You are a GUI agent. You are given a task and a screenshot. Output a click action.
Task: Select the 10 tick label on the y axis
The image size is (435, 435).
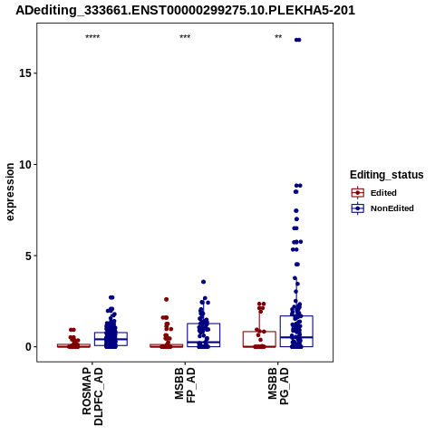click(x=25, y=165)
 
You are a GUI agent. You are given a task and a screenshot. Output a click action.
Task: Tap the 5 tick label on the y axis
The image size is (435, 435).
click(x=29, y=256)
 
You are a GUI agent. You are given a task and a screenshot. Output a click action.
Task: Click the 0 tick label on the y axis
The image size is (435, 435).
click(x=29, y=347)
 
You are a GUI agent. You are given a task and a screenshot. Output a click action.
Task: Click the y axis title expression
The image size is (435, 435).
click(x=10, y=192)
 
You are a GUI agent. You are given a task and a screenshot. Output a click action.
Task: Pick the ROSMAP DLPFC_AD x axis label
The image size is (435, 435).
click(x=92, y=396)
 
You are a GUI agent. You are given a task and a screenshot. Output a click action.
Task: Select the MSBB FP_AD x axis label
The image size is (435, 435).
click(x=186, y=385)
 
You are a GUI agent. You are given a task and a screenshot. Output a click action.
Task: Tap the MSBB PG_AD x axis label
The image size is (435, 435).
click(x=278, y=386)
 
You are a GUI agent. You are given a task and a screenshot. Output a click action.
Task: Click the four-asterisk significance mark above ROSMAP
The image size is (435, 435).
click(x=92, y=37)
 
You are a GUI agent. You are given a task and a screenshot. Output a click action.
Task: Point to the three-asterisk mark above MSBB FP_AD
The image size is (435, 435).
click(x=185, y=37)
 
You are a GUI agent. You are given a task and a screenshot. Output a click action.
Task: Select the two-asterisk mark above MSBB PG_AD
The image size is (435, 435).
click(x=278, y=37)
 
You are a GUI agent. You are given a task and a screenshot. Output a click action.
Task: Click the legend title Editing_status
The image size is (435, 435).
click(x=386, y=175)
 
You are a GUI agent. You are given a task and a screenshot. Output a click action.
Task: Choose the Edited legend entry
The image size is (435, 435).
click(x=374, y=193)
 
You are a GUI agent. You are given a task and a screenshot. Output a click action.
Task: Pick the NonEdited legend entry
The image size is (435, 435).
click(x=382, y=208)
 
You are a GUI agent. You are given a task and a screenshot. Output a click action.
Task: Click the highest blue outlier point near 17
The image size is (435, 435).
click(x=298, y=40)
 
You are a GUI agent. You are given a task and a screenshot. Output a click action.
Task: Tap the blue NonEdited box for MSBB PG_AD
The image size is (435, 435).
click(x=296, y=316)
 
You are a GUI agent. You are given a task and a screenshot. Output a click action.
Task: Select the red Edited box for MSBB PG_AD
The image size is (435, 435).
click(x=259, y=332)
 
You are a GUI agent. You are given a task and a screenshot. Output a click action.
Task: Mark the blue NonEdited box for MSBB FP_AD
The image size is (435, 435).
click(x=204, y=324)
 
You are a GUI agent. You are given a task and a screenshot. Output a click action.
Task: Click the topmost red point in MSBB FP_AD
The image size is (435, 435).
click(x=167, y=299)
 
